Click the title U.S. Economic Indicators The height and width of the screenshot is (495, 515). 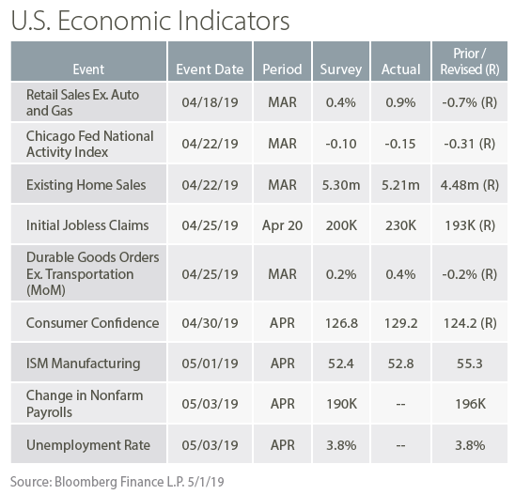(150, 21)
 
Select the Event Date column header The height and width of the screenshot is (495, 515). (210, 70)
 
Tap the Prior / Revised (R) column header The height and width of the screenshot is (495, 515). (470, 61)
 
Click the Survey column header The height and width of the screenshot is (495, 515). (341, 70)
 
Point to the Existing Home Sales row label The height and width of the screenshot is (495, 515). (86, 185)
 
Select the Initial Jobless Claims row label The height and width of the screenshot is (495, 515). (87, 225)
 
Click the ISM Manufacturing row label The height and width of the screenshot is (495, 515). (83, 364)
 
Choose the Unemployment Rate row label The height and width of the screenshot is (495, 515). (88, 445)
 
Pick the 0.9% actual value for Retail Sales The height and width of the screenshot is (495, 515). (400, 102)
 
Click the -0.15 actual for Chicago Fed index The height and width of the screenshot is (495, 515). (400, 144)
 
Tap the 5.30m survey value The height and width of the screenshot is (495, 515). (341, 185)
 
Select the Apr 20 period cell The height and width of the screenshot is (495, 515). (282, 225)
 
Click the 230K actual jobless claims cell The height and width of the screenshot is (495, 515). (400, 225)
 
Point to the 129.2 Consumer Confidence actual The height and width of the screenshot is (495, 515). (400, 323)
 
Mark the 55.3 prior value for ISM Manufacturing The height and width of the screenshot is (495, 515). (470, 364)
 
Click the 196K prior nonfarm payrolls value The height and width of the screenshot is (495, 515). (470, 404)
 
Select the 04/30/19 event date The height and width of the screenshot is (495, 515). (210, 323)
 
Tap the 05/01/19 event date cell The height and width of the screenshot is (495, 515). (210, 364)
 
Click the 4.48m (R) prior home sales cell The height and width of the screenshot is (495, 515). (470, 185)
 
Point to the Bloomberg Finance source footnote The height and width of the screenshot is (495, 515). (117, 482)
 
